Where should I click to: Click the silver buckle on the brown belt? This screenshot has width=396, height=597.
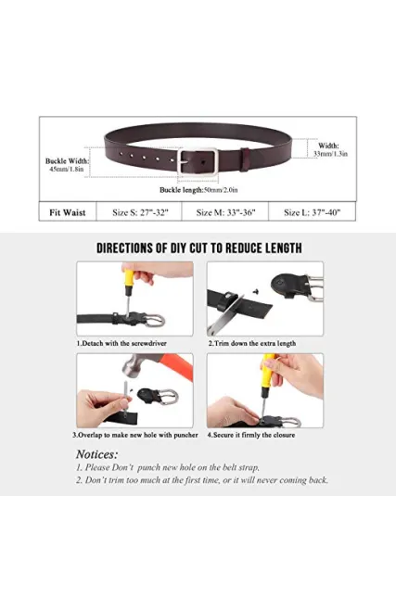click(179, 161)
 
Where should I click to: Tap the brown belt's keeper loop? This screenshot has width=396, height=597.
click(245, 159)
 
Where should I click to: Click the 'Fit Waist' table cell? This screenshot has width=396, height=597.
click(68, 212)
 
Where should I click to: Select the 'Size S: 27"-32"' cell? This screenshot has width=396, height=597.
click(140, 212)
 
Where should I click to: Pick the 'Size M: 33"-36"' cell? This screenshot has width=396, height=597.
click(225, 212)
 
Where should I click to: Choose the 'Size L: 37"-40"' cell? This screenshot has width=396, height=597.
click(313, 212)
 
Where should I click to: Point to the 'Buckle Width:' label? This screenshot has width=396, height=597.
click(67, 161)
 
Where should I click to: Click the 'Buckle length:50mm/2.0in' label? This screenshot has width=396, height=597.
click(198, 190)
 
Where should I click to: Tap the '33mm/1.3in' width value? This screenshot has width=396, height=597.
click(330, 154)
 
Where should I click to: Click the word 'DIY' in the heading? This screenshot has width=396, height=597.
click(177, 248)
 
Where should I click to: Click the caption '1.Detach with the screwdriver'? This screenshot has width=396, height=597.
click(121, 343)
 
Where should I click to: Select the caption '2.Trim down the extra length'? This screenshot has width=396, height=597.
click(251, 343)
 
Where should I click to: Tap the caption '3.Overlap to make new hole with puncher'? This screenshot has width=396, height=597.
click(135, 435)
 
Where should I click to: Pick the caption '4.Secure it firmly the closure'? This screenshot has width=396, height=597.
click(251, 435)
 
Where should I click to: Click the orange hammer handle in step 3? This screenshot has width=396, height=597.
click(176, 365)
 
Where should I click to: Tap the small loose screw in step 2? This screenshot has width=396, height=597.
click(256, 291)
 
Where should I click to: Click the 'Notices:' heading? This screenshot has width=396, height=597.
click(97, 454)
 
